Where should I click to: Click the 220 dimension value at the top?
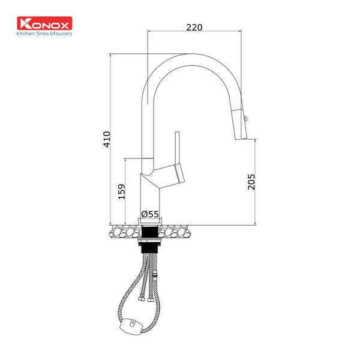(194, 27)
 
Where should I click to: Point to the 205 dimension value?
(251, 181)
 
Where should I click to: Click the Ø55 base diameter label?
(150, 214)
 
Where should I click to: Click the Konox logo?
(44, 24)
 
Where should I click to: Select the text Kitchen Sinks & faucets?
(44, 34)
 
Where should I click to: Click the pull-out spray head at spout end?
(240, 123)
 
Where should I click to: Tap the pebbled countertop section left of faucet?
(124, 230)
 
